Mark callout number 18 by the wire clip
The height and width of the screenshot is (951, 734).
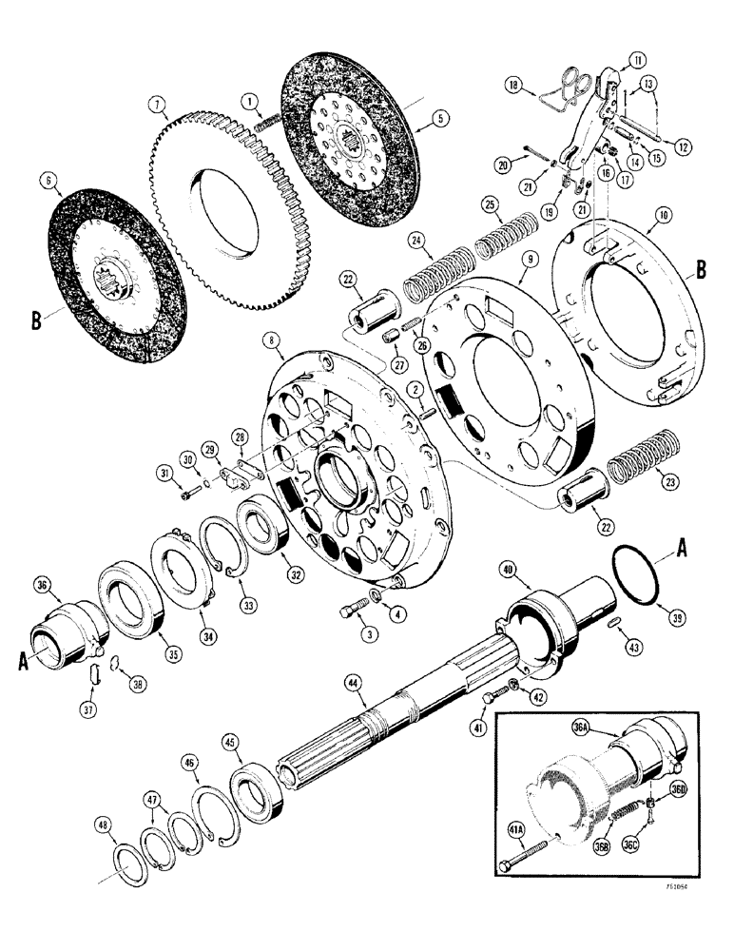[515, 87]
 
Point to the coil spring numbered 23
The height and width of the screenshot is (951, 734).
[632, 461]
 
